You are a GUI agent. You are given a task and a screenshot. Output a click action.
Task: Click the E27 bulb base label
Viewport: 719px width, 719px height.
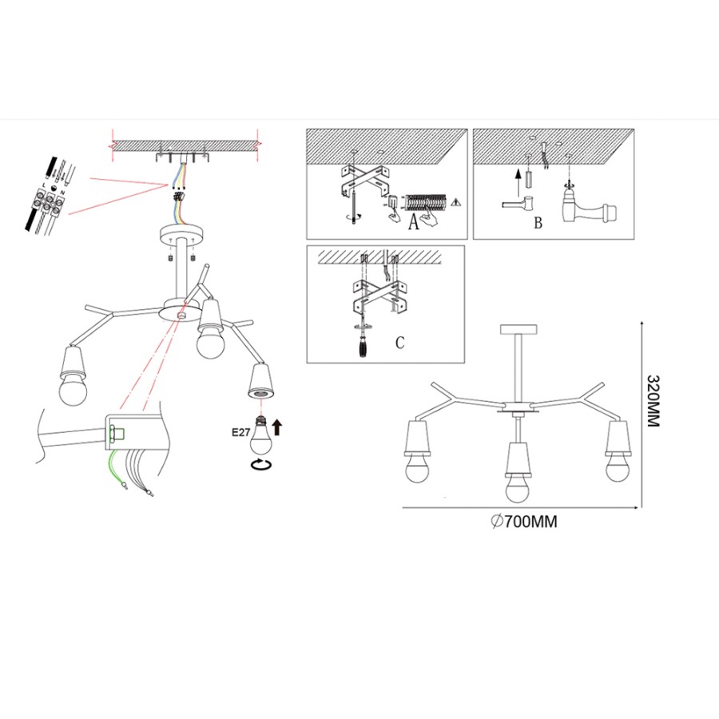[241, 433]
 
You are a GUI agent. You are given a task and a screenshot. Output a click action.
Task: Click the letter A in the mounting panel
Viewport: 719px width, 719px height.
[414, 222]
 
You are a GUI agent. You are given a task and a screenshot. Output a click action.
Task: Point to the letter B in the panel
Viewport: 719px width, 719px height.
[538, 223]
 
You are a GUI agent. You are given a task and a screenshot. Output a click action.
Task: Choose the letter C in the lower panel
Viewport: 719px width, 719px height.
[400, 343]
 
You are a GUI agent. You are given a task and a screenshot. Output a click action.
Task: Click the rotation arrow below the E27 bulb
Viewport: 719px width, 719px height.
[260, 463]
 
